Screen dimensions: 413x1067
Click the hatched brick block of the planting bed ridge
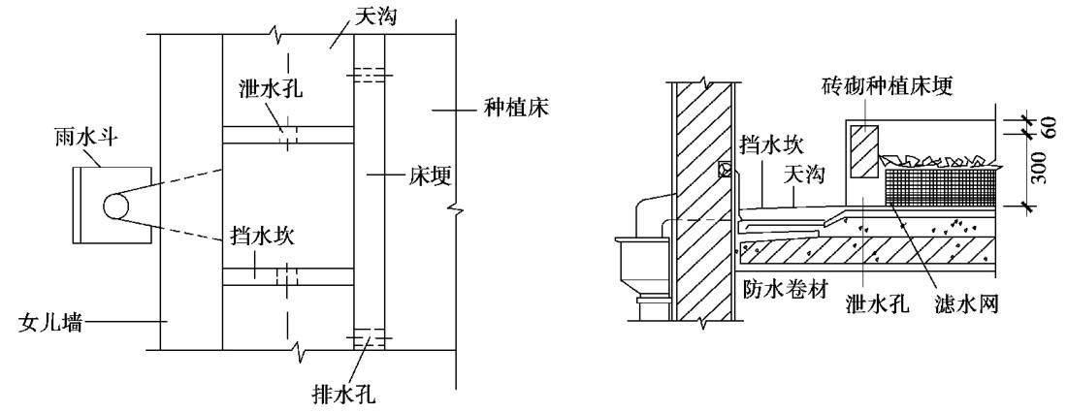pos(863,151)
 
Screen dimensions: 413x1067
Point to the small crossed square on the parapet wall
pos(724,169)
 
